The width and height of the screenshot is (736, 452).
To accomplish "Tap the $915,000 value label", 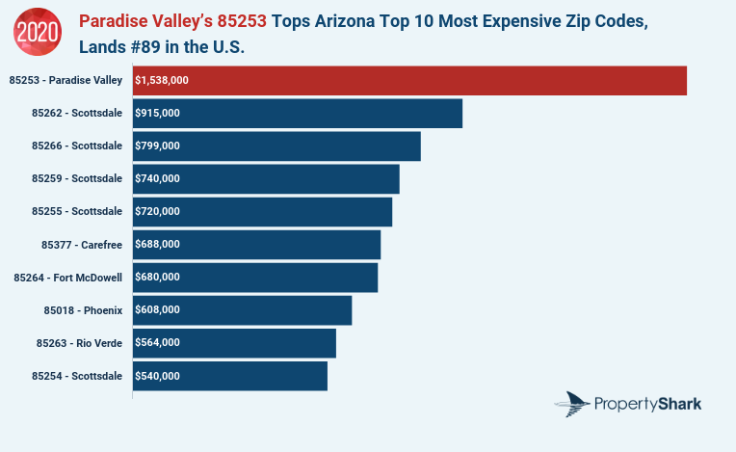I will tap(158, 114).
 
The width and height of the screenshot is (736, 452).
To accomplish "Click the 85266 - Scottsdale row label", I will tap(77, 146).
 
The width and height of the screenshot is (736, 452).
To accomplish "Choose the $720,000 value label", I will tap(158, 212).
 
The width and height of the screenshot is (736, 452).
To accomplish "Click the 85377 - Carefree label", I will tap(82, 245).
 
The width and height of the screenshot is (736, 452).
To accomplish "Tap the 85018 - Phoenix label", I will tap(83, 310).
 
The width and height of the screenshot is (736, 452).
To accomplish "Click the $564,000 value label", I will tap(158, 343).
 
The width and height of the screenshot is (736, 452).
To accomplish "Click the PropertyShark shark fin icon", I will tap(576, 404).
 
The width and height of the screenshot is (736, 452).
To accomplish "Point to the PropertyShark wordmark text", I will tap(648, 404).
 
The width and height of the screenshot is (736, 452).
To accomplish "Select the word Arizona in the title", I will tap(353, 20).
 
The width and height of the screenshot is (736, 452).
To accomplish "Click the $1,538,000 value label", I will tap(163, 81).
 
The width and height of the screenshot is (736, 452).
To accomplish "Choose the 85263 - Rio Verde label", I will tap(79, 343).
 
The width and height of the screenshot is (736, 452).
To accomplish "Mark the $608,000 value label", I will tap(158, 310).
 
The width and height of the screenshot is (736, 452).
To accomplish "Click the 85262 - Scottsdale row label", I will tap(77, 114).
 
